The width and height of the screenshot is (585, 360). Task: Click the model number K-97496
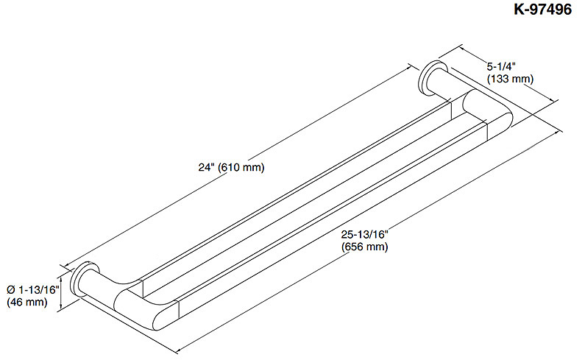pyautogui.click(x=542, y=10)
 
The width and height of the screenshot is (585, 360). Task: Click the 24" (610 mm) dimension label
pyautogui.click(x=231, y=167)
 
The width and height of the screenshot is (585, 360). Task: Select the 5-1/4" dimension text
pyautogui.click(x=501, y=66)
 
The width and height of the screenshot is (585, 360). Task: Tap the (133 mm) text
pyautogui.click(x=511, y=79)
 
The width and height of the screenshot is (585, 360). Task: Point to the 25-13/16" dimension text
pyautogui.click(x=365, y=235)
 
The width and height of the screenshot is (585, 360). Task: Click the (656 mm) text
pyautogui.click(x=365, y=247)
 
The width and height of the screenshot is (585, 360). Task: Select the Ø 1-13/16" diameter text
pyautogui.click(x=33, y=289)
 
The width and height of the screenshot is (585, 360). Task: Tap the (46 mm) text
pyautogui.click(x=27, y=302)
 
